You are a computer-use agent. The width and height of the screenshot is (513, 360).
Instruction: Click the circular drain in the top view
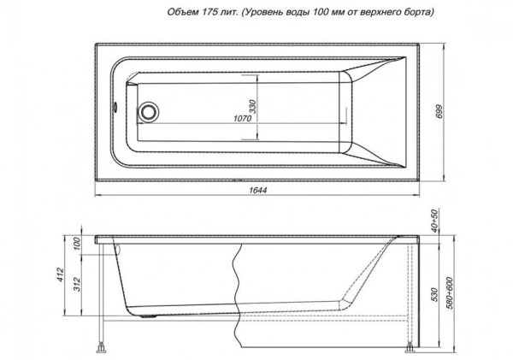point(150,111)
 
